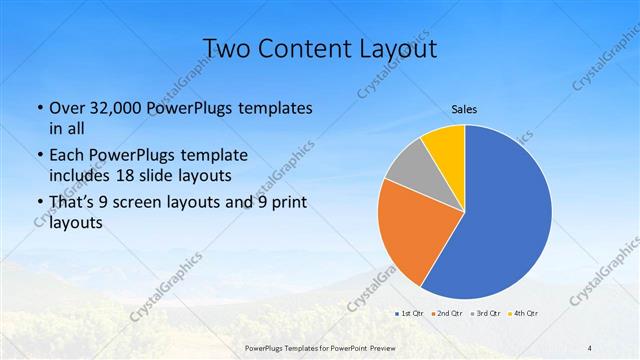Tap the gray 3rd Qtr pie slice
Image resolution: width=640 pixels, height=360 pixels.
pyautogui.click(x=405, y=168)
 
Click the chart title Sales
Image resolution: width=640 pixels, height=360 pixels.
pyautogui.click(x=465, y=109)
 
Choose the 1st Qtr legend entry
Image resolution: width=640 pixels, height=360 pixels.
pyautogui.click(x=409, y=313)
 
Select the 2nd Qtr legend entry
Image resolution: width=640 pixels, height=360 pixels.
pyautogui.click(x=446, y=313)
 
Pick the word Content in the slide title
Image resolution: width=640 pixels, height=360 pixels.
pyautogui.click(x=302, y=48)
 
